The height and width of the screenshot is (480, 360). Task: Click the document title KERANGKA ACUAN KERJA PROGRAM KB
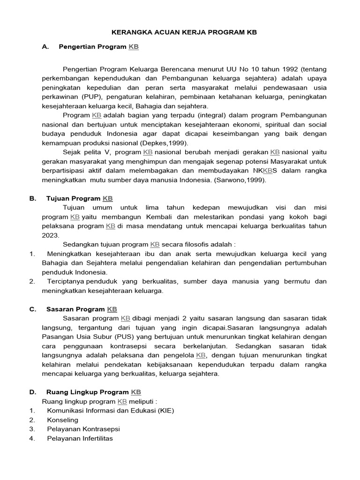click(x=184, y=32)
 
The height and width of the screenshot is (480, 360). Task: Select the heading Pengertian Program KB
click(x=98, y=47)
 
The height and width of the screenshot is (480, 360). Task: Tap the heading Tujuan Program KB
click(x=80, y=198)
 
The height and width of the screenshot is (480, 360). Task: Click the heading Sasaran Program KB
click(x=82, y=309)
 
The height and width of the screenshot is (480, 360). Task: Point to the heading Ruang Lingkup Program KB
click(x=94, y=392)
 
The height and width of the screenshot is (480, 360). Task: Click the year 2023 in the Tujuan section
click(x=51, y=235)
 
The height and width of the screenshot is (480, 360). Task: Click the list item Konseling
click(x=62, y=420)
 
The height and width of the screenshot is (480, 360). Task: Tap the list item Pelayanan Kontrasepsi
click(x=83, y=429)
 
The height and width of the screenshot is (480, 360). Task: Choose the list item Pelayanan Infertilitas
click(x=80, y=438)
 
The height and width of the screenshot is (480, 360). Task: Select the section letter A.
click(x=45, y=47)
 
